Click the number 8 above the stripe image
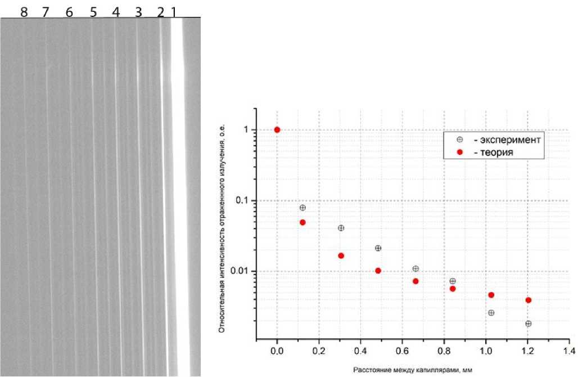[24, 12]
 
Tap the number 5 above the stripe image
[93, 12]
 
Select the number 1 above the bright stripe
[174, 12]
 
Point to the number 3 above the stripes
[138, 12]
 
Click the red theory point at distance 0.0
[277, 130]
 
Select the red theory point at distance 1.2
[528, 300]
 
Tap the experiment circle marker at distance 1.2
[528, 324]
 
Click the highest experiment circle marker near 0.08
[302, 208]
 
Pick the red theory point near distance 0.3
[341, 255]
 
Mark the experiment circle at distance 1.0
[491, 313]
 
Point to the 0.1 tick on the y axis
[243, 201]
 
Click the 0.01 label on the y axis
[241, 272]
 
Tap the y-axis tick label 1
[246, 130]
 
